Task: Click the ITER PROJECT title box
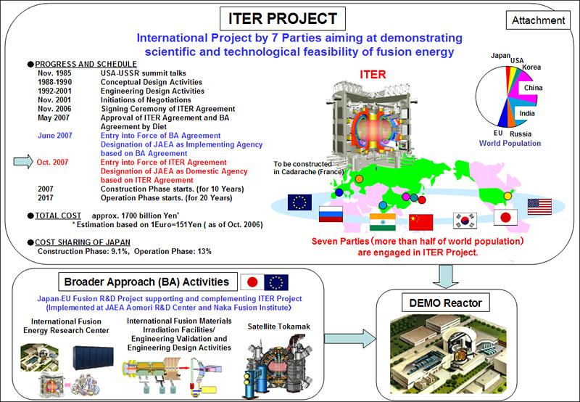283,19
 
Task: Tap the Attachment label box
538,20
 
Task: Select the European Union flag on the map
299,202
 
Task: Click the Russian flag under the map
331,214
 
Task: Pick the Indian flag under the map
383,222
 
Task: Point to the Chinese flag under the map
421,222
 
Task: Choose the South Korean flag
465,221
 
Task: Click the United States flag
539,207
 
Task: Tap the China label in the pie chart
533,88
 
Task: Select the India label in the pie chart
527,113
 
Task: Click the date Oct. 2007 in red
52,162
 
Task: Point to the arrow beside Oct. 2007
23,162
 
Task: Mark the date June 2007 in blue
55,136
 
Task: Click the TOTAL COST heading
58,216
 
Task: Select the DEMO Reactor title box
445,303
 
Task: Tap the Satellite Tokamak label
279,327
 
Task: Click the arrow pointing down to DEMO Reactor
445,276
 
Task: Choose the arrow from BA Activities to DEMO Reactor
350,338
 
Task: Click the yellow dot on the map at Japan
507,196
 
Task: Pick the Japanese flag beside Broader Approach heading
252,282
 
